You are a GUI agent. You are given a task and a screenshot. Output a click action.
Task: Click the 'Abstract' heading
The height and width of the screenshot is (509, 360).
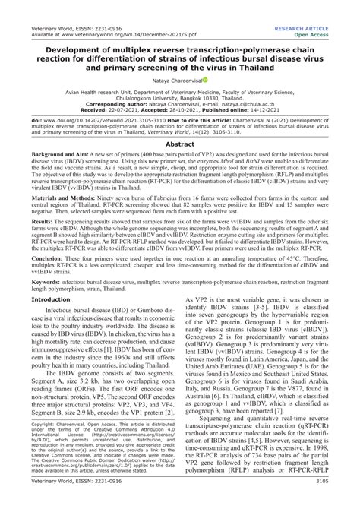click(x=179, y=143)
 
